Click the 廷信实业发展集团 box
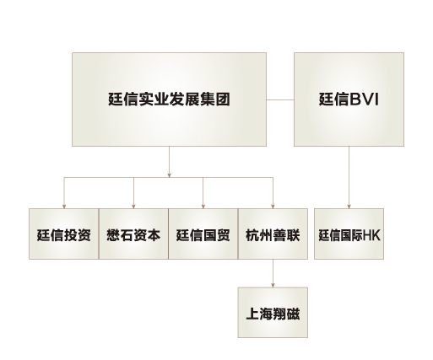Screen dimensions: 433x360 [169, 99]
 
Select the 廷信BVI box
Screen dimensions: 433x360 [349, 99]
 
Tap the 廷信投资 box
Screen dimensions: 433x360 [64, 234]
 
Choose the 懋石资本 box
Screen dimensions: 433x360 [133, 234]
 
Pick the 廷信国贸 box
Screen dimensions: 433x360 [203, 234]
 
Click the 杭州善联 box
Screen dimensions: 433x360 [273, 234]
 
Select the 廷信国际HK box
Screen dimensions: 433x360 [349, 234]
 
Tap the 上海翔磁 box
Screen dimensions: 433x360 [273, 313]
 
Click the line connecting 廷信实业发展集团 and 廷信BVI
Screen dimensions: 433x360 [280, 99]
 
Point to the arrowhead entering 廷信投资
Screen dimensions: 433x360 [64, 207]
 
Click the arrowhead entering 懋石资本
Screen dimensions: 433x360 [133, 207]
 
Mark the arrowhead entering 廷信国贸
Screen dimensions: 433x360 [203, 207]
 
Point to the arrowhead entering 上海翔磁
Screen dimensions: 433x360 [273, 285]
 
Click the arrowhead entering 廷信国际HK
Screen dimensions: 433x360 [349, 207]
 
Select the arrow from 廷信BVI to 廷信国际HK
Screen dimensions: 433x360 [349, 177]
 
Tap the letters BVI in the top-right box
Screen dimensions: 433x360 [364, 99]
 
